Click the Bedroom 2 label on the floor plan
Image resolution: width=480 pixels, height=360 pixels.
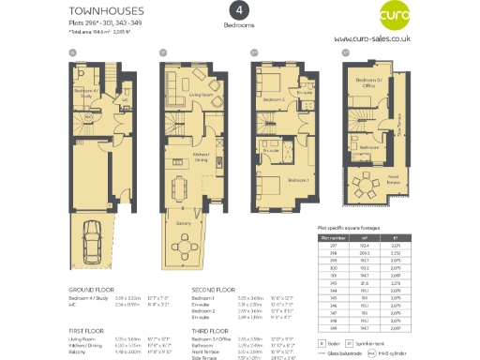(x=273, y=97)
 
